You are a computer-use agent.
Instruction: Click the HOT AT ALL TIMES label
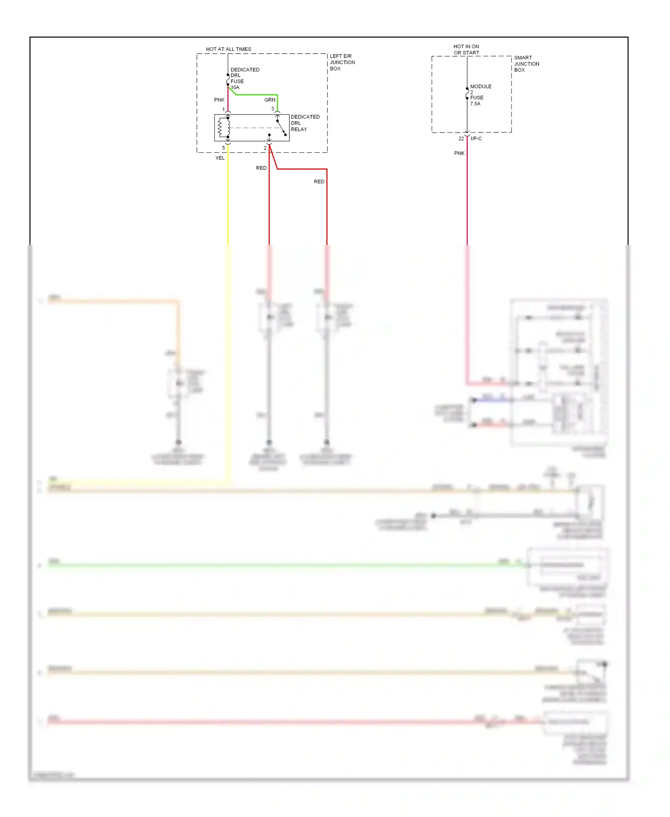[228, 49]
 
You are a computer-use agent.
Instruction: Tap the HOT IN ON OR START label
[466, 50]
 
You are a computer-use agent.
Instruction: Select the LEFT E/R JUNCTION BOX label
[342, 63]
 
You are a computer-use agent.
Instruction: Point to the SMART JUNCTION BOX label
[526, 64]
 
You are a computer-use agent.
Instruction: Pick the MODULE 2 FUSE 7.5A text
[480, 95]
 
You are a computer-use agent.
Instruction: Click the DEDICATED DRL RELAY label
[305, 123]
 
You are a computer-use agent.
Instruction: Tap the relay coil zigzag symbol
[220, 128]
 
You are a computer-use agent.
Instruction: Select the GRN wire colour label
[269, 100]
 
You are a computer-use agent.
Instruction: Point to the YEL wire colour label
[220, 158]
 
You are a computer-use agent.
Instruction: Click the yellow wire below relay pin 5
[228, 201]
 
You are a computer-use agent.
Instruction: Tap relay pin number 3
[272, 109]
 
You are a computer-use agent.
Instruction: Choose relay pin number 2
[265, 148]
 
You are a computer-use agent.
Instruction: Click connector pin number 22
[461, 139]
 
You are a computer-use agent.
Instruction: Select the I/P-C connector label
[476, 139]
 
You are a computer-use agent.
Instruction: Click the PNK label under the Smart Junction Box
[459, 153]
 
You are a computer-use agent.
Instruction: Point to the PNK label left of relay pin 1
[219, 100]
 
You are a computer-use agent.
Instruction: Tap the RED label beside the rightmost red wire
[319, 182]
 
